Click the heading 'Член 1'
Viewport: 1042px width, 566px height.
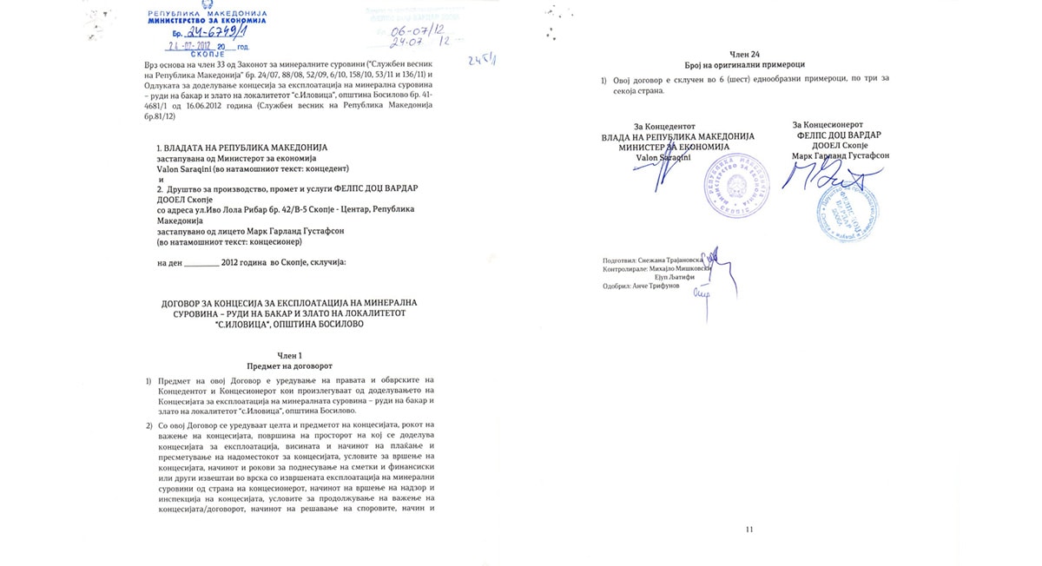pos(289,355)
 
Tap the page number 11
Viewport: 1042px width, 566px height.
pos(750,529)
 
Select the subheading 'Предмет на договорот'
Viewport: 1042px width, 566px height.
pos(289,365)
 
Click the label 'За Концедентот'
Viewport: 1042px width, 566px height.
pos(664,126)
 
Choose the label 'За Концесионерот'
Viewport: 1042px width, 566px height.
pos(833,126)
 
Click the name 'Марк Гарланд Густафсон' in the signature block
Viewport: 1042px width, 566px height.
pos(840,156)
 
